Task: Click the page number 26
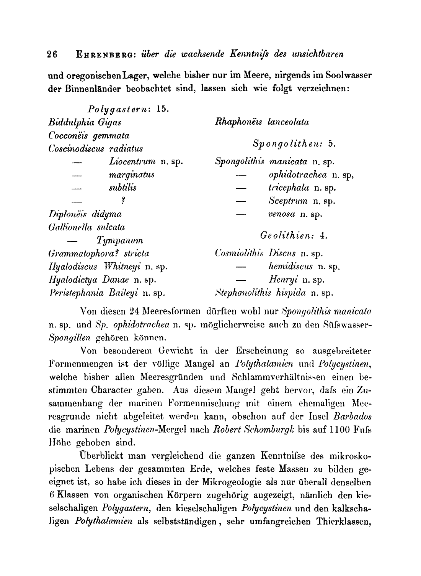tap(52, 54)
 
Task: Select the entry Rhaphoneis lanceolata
tap(262, 122)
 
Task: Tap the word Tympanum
tap(120, 241)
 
